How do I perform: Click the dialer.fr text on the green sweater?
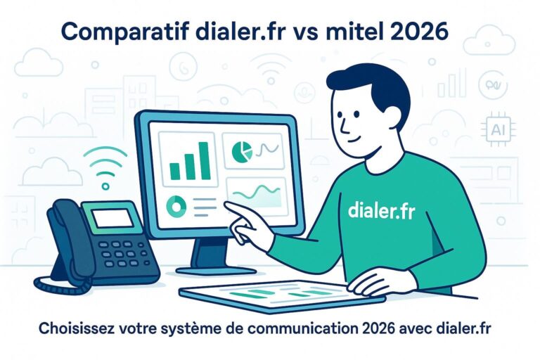(382, 209)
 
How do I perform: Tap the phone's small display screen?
(114, 219)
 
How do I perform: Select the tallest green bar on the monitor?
(203, 160)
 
